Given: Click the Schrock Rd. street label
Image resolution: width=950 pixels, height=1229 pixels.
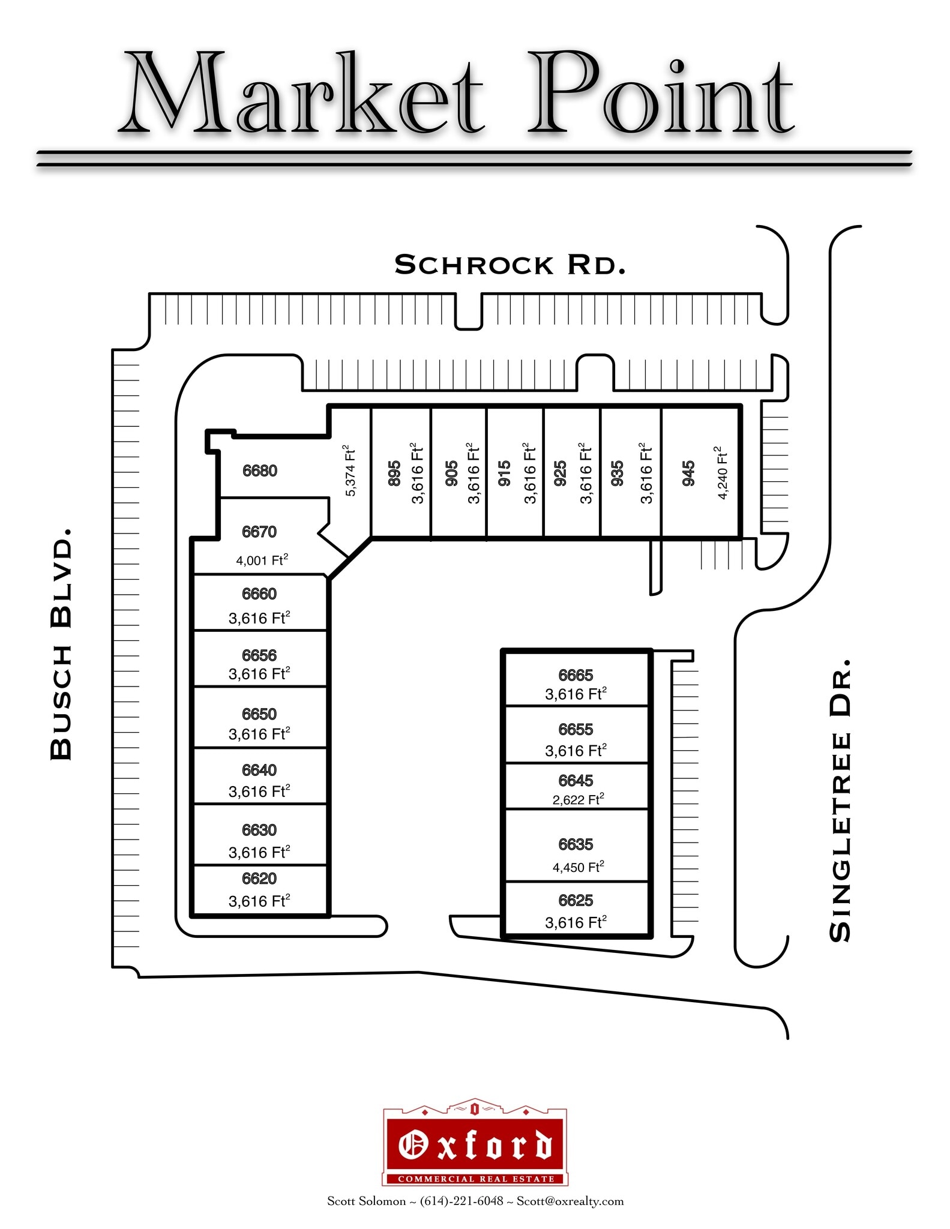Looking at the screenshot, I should [510, 265].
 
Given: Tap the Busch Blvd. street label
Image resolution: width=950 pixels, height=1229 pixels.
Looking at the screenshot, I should [61, 645].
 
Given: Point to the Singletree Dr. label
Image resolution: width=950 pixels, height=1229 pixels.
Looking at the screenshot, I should [840, 801].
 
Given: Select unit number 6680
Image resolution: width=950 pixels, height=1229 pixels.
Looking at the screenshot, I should [260, 470].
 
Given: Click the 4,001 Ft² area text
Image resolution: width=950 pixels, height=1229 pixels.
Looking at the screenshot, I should [262, 560].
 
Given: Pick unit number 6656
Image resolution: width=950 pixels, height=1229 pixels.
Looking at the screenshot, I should [259, 655].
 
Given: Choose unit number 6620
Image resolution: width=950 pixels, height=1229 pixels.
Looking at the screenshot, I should [259, 879].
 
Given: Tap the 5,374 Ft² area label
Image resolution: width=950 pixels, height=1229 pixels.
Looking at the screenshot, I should [350, 471].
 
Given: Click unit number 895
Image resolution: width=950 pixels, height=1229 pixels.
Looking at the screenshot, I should [394, 473].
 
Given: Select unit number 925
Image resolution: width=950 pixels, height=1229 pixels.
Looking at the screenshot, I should [560, 473].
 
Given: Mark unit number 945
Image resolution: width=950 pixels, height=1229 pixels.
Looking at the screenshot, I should [688, 473].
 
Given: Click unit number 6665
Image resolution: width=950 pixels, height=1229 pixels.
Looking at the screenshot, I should [576, 675].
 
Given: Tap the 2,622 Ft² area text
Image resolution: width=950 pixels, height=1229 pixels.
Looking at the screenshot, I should [578, 799].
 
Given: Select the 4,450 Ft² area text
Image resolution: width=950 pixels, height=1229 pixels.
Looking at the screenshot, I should [578, 867].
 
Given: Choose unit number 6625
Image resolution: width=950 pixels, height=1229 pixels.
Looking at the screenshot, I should [576, 900].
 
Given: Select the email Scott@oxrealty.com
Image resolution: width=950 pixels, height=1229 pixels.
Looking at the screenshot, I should [570, 1201].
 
